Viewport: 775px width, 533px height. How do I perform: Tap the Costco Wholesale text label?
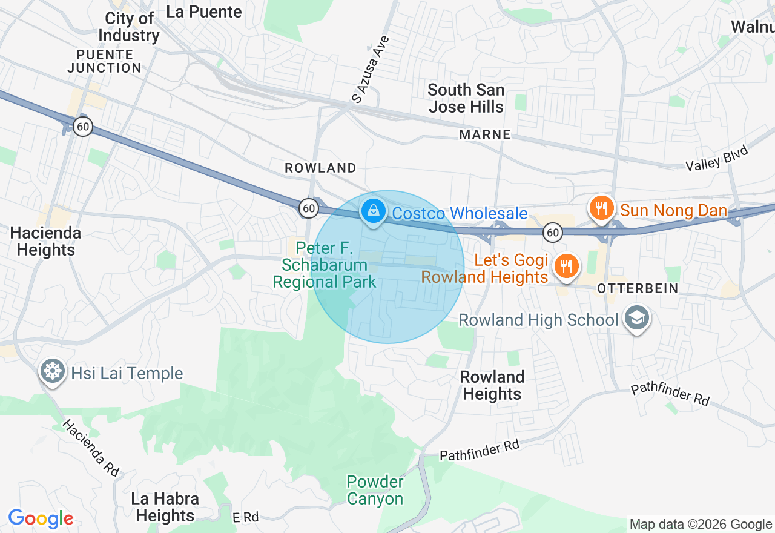click(460, 214)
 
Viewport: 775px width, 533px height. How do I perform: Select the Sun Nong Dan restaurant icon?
click(601, 209)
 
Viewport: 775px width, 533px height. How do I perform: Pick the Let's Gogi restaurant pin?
click(566, 266)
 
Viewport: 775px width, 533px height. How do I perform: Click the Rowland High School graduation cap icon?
click(636, 319)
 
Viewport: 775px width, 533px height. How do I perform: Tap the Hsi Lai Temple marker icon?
click(53, 371)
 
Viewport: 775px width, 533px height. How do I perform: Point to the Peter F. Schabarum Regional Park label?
click(324, 265)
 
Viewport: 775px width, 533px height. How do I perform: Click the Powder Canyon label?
click(375, 491)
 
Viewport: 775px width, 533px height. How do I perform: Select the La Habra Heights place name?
click(165, 507)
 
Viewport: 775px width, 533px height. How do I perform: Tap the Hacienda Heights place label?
click(45, 241)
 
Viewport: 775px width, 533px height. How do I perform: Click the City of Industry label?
click(129, 27)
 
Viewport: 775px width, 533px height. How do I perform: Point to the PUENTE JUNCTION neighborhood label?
click(104, 61)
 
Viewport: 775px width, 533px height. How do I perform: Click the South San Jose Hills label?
click(466, 98)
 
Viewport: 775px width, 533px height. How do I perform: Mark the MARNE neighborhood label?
click(484, 134)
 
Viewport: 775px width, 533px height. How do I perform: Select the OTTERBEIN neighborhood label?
click(638, 288)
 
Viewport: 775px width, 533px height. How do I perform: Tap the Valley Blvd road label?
click(717, 158)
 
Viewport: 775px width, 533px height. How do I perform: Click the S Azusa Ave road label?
click(371, 68)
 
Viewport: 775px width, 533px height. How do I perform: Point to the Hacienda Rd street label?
click(90, 448)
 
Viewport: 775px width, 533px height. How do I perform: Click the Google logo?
click(41, 518)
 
